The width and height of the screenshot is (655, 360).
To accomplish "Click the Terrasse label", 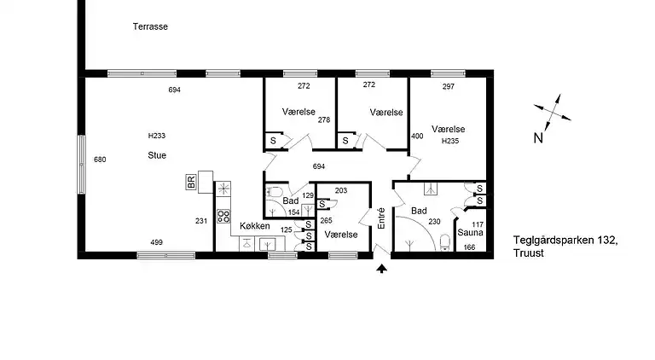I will tap(150, 26).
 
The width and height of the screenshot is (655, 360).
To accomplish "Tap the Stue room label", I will tap(156, 156).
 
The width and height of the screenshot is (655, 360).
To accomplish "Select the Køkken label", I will tap(254, 226).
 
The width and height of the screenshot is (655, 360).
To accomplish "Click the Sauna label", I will tap(470, 231).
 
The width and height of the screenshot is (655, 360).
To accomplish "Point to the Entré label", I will tap(381, 218).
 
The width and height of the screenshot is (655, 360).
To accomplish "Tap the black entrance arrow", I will tap(381, 270).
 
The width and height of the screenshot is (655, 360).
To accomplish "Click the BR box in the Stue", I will tap(192, 182).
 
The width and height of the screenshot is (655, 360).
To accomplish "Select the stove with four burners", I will tap(223, 216).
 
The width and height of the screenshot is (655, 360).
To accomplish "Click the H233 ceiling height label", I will tap(156, 136).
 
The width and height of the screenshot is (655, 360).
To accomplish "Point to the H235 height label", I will tap(450, 141).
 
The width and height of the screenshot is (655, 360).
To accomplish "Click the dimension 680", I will tap(100, 160).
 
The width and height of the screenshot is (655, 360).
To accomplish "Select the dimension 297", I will tap(449, 86).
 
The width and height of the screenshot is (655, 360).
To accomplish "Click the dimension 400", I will tap(417, 136).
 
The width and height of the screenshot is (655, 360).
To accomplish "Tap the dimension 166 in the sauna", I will tap(468, 247).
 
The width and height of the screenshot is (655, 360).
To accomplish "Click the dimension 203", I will tap(341, 190).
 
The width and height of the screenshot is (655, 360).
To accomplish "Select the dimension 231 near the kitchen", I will tap(201, 221).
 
